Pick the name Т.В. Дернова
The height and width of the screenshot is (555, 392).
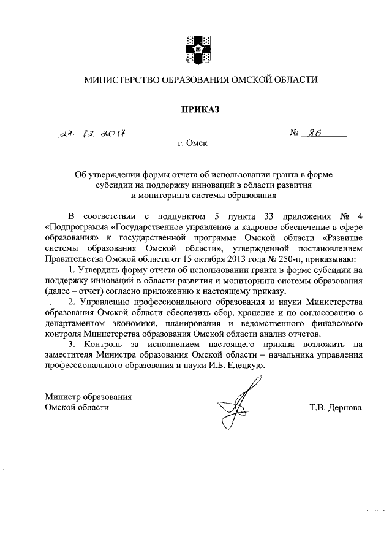pos(336,407)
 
